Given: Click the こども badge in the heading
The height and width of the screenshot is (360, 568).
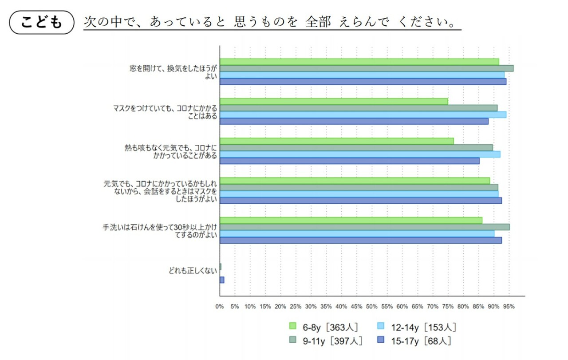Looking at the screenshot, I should coord(41,22).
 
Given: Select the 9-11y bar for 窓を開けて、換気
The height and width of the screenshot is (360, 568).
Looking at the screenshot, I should coord(367,68).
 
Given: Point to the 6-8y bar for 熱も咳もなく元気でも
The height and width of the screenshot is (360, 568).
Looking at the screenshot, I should coord(336,141).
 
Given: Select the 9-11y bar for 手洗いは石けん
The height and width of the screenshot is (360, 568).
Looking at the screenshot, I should coord(364,227).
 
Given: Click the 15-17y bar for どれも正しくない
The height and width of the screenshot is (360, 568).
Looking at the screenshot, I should coord(222,280).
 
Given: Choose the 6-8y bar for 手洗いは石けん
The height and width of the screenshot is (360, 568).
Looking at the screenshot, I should coord(351,220).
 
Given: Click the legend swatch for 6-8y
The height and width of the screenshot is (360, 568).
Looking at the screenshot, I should coord(292,327).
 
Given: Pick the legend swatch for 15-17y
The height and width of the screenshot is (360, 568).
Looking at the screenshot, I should coord(381,340).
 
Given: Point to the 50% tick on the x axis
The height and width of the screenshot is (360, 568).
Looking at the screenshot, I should coord(371,306).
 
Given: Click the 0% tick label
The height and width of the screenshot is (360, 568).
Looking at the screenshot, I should coord(220,306).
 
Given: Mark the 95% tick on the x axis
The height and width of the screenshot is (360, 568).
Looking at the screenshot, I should coord(509,306).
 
